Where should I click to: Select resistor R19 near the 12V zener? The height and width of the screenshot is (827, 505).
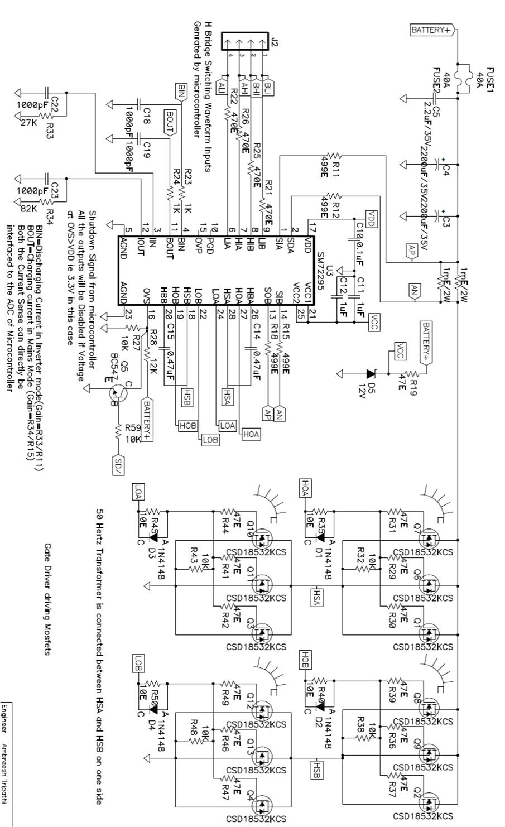(x=410, y=374)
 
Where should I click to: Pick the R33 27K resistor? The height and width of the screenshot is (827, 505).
(x=46, y=116)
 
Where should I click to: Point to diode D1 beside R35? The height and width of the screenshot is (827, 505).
(x=320, y=538)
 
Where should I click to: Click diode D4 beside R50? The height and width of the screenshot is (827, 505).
(x=153, y=709)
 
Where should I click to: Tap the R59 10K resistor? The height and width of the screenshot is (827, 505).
(x=118, y=430)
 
